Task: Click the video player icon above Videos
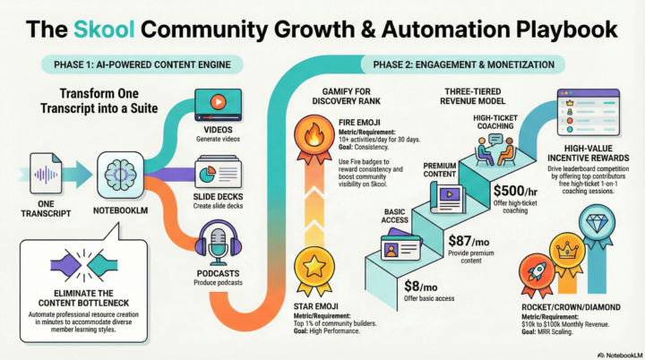(x=219, y=102)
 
